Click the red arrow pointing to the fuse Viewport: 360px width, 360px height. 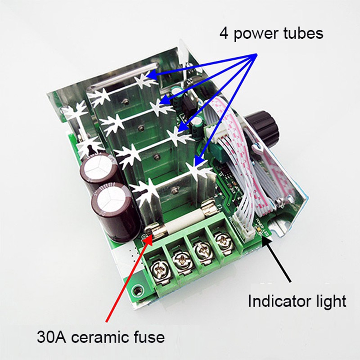point(129,278)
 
